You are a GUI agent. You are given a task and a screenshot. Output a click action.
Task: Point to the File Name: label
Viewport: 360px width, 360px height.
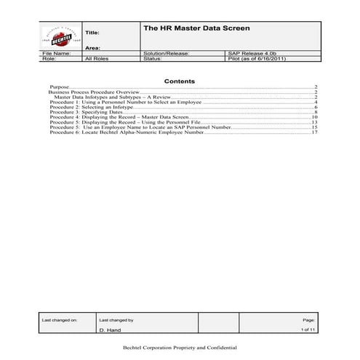click(57, 53)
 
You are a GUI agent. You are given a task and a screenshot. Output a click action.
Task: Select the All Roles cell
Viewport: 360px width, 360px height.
click(97, 59)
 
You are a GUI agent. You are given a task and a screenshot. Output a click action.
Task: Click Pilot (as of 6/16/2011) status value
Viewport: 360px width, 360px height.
click(257, 59)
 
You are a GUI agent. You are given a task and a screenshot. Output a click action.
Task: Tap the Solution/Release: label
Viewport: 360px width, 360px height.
click(167, 53)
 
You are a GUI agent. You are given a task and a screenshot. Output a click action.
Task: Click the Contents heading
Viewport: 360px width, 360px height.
click(180, 81)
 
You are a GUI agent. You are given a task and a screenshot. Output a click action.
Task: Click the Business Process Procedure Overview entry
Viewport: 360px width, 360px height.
click(94, 93)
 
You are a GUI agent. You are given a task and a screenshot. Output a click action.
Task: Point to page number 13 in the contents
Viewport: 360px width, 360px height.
click(315, 122)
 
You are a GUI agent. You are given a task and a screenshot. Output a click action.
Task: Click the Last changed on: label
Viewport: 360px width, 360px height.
click(59, 319)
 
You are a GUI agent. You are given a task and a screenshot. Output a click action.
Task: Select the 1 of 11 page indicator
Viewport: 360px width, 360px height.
click(308, 329)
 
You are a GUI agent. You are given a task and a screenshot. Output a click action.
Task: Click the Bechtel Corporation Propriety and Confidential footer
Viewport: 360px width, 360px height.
click(180, 348)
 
